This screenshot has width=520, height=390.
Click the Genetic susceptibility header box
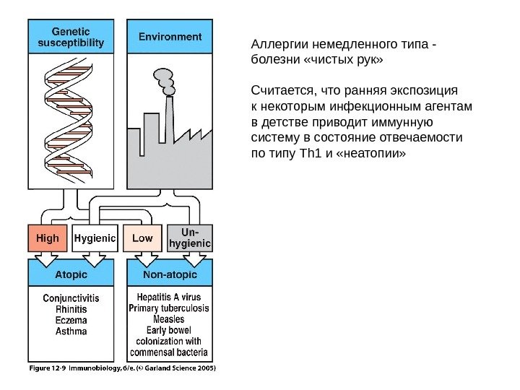pos(70,36)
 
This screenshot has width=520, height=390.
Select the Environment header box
pos(170,36)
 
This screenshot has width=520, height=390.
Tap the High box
pos(48,238)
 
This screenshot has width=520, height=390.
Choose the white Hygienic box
pos(95,238)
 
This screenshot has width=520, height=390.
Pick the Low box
pos(143,238)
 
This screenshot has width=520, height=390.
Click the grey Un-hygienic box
pos(190,238)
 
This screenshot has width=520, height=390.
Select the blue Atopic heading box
pos(70,274)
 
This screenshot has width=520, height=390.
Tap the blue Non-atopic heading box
pos(170,274)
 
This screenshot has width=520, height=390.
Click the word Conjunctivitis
pos(71,298)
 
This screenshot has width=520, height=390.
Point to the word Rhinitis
pos(71,309)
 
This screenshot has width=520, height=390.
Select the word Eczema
pos(71,320)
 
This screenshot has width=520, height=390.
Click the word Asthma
pos(71,331)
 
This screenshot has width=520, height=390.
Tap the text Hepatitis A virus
pos(169,297)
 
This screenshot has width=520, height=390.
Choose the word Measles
pos(169,318)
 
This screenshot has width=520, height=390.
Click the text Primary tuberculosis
pos(169,308)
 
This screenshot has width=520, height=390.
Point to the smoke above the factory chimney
pos(165,79)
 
